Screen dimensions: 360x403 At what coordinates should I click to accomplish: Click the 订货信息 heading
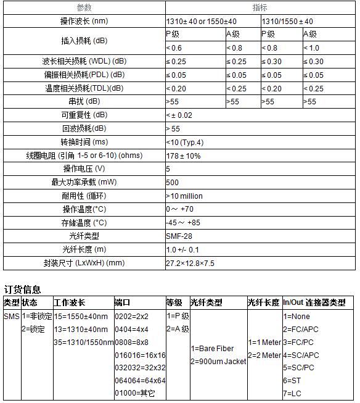coord(23,289)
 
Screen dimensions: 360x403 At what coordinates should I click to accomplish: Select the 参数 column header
coord(84,7)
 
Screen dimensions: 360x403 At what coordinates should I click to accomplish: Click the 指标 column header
coord(260,7)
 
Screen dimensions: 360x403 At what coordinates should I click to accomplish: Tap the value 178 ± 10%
coord(183,156)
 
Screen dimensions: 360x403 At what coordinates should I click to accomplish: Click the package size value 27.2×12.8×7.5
coord(190,263)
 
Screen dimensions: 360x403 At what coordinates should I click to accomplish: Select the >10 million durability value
coord(184,196)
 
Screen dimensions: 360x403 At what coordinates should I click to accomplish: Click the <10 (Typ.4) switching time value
coord(184,142)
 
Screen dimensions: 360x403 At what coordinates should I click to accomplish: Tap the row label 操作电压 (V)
coord(84,168)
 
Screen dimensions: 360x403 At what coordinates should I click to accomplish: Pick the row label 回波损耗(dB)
coord(84,128)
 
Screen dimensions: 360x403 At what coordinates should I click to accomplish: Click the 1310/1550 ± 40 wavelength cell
coord(287,21)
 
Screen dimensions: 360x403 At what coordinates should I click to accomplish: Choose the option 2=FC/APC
coord(301,329)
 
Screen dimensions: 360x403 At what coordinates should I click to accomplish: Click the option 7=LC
coord(293,394)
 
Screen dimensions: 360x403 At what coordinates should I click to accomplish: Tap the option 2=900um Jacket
coord(218,361)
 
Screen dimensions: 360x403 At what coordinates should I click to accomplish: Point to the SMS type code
coord(12,316)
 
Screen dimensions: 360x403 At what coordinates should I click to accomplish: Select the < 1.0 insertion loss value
coord(312,48)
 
